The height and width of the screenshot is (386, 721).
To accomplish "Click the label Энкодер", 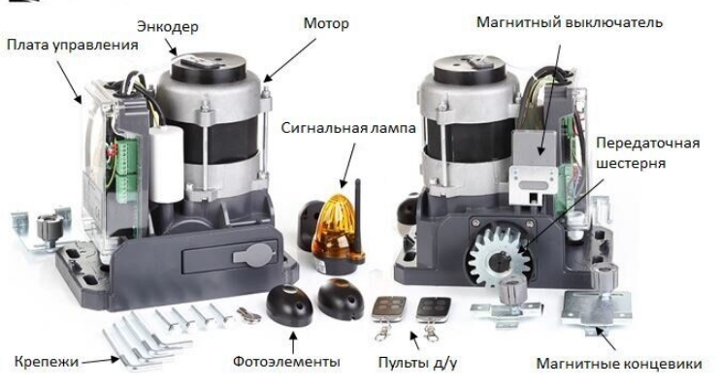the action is click(168, 27).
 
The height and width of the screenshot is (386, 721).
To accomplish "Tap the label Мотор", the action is click(326, 23).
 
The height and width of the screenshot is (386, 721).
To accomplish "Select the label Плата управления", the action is click(72, 45).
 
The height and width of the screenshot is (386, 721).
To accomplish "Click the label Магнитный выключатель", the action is click(570, 22).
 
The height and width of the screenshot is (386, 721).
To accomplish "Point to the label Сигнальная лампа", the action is click(348, 128).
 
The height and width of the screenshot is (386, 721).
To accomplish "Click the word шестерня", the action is click(631, 163).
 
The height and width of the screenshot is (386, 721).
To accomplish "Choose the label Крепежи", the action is click(47, 361).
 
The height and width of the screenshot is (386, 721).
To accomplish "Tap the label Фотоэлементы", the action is click(286, 361).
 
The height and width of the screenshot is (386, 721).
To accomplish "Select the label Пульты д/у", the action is click(417, 362).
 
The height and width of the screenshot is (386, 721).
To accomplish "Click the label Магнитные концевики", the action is click(619, 364).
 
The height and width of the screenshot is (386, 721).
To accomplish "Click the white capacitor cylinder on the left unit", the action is click(167, 164).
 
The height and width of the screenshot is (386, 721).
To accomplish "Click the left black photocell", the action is click(289, 305).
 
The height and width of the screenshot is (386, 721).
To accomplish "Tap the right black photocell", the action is click(341, 299).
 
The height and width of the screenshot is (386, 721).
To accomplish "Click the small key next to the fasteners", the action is click(249, 315).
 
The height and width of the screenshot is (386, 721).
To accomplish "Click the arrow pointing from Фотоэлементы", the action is click(293, 342).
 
